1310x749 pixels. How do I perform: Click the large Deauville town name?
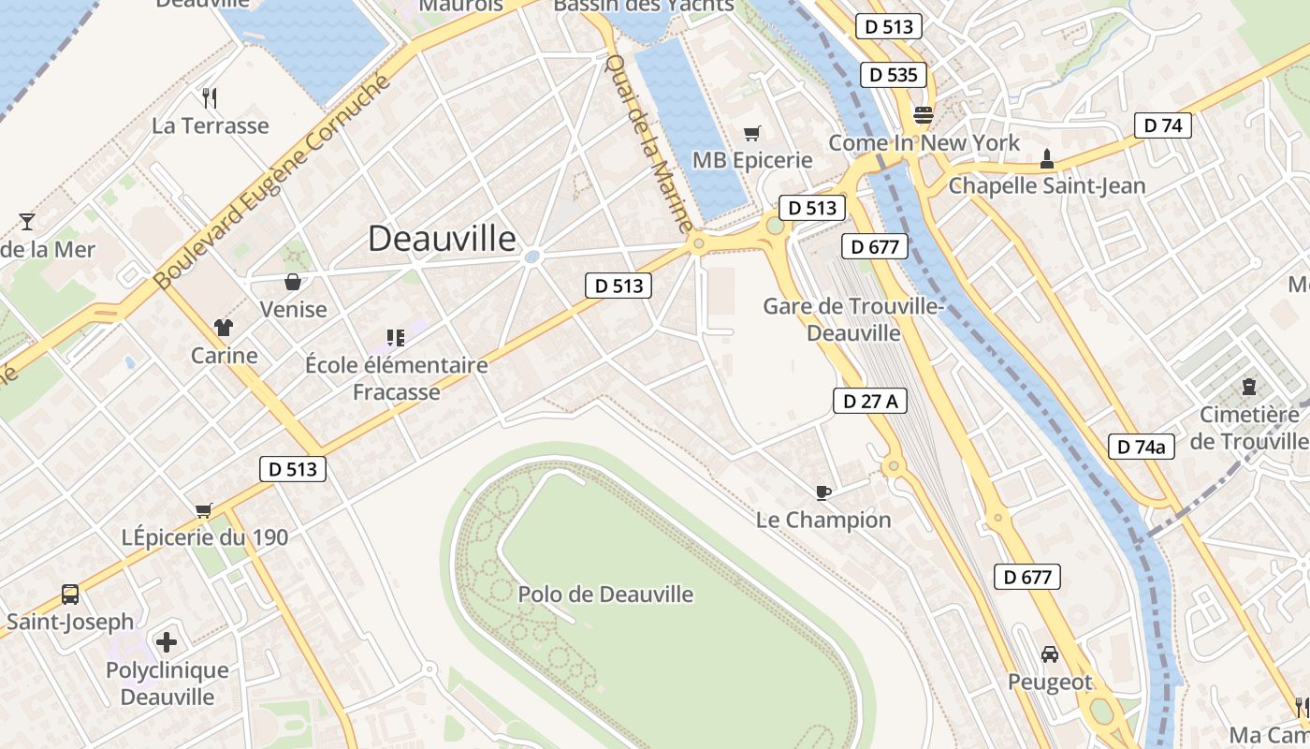click(x=442, y=239)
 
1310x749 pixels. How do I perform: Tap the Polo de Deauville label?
click(x=605, y=594)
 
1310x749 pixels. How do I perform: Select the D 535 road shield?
click(x=894, y=75)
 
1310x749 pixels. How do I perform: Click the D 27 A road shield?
click(x=870, y=401)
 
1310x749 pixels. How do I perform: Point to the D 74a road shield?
click(x=1141, y=447)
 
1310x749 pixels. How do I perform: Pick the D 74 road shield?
click(x=1163, y=125)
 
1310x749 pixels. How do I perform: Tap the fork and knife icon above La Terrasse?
click(x=210, y=97)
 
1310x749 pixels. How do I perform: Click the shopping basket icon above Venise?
click(x=293, y=282)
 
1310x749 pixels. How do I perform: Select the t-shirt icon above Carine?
click(x=224, y=328)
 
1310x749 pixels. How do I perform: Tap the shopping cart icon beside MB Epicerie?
click(x=751, y=134)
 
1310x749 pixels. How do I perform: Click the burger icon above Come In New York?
click(x=924, y=115)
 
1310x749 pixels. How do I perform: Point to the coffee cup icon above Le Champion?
click(x=822, y=492)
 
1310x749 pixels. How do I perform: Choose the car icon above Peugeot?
click(x=1050, y=654)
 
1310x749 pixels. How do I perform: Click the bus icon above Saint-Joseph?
click(x=70, y=594)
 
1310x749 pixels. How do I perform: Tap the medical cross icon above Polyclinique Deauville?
click(x=167, y=642)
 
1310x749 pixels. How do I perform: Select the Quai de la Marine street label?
click(x=649, y=143)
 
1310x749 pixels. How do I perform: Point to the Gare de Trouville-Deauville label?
click(x=853, y=319)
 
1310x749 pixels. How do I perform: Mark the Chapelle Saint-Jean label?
click(x=1046, y=185)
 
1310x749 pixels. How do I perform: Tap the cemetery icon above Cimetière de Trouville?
click(x=1248, y=386)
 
